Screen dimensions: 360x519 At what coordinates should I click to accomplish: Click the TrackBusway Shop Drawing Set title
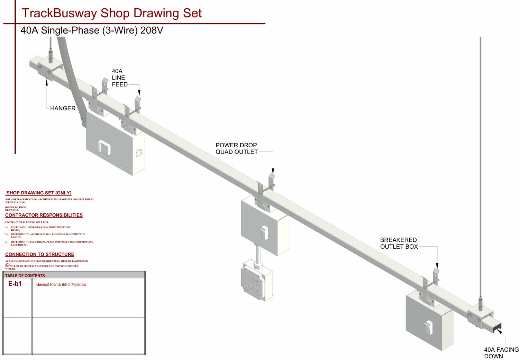pyautogui.click(x=111, y=13)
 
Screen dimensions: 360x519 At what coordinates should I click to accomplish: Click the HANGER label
pyautogui.click(x=63, y=108)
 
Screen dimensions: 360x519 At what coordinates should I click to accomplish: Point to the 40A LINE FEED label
pyautogui.click(x=119, y=78)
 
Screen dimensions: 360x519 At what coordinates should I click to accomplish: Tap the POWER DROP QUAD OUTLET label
pyautogui.click(x=237, y=148)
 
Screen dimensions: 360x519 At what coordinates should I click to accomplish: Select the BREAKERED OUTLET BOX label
pyautogui.click(x=399, y=243)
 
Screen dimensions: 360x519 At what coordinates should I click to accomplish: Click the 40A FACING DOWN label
pyautogui.click(x=501, y=353)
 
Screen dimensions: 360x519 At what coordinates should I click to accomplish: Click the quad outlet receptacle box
pyautogui.click(x=257, y=280)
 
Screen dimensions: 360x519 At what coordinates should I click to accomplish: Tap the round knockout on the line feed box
pyautogui.click(x=139, y=153)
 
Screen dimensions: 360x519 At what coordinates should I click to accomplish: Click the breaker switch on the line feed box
pyautogui.click(x=104, y=147)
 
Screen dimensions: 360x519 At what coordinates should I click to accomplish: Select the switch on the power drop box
pyautogui.click(x=264, y=232)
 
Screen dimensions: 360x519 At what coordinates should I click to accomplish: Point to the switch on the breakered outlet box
pyautogui.click(x=429, y=327)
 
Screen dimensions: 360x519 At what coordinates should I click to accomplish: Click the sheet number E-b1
pyautogui.click(x=15, y=284)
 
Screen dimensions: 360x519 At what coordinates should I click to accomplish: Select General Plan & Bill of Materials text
pyautogui.click(x=61, y=285)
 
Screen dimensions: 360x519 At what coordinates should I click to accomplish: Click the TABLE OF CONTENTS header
pyautogui.click(x=25, y=276)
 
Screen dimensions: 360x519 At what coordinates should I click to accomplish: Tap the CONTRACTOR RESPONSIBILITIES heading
pyautogui.click(x=44, y=215)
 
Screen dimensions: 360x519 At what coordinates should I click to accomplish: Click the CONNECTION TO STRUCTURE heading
pyautogui.click(x=39, y=254)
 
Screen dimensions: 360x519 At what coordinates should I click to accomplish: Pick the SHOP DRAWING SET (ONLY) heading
pyautogui.click(x=39, y=193)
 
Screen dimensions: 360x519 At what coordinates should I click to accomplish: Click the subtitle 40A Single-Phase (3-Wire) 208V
pyautogui.click(x=92, y=30)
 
